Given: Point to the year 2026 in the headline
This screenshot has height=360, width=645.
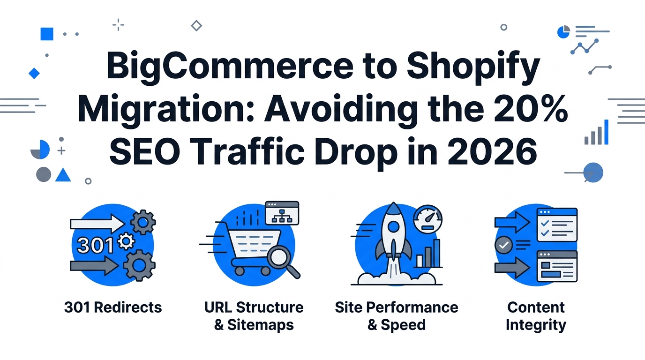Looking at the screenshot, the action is click(x=493, y=151).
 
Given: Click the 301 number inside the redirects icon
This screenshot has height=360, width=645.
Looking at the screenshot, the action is click(x=95, y=246).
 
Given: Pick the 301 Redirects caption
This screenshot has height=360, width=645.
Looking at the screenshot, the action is click(x=113, y=307).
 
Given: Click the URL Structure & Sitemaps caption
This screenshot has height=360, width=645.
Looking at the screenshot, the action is click(x=254, y=316).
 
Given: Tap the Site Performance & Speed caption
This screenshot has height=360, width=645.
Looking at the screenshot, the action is click(x=397, y=316).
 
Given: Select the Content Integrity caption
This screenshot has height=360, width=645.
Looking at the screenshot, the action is click(x=536, y=316).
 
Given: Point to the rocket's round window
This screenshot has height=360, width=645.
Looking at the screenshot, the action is click(x=393, y=227).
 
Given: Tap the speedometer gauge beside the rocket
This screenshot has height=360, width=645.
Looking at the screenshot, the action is click(x=427, y=219).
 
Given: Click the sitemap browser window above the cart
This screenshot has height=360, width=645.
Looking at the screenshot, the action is click(x=282, y=213).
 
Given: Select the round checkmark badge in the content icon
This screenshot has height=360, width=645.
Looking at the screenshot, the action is click(x=503, y=245).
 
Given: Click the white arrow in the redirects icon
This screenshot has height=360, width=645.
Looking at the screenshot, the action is click(x=97, y=224).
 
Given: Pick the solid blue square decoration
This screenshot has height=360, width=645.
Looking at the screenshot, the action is click(x=47, y=34).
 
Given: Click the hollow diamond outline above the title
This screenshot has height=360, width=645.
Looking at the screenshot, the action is click(x=196, y=26).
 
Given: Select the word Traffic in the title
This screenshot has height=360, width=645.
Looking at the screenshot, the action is click(x=246, y=151).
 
